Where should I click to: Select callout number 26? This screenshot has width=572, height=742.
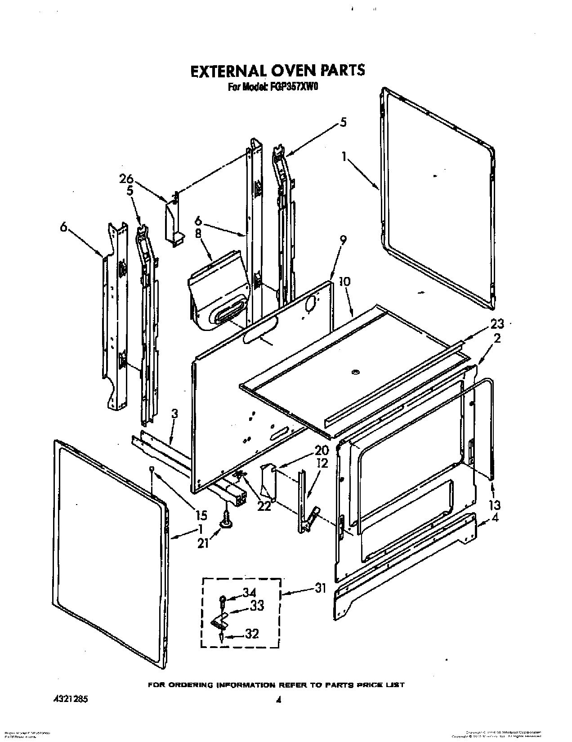coord(127,179)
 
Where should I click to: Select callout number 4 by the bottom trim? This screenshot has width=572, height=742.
coord(495,517)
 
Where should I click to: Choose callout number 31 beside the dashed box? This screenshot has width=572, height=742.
coord(320,588)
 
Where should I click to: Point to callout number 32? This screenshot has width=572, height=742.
coord(252,634)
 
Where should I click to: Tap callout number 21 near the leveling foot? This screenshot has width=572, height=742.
coord(203,543)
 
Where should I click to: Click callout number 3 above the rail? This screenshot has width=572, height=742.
coord(174,414)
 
